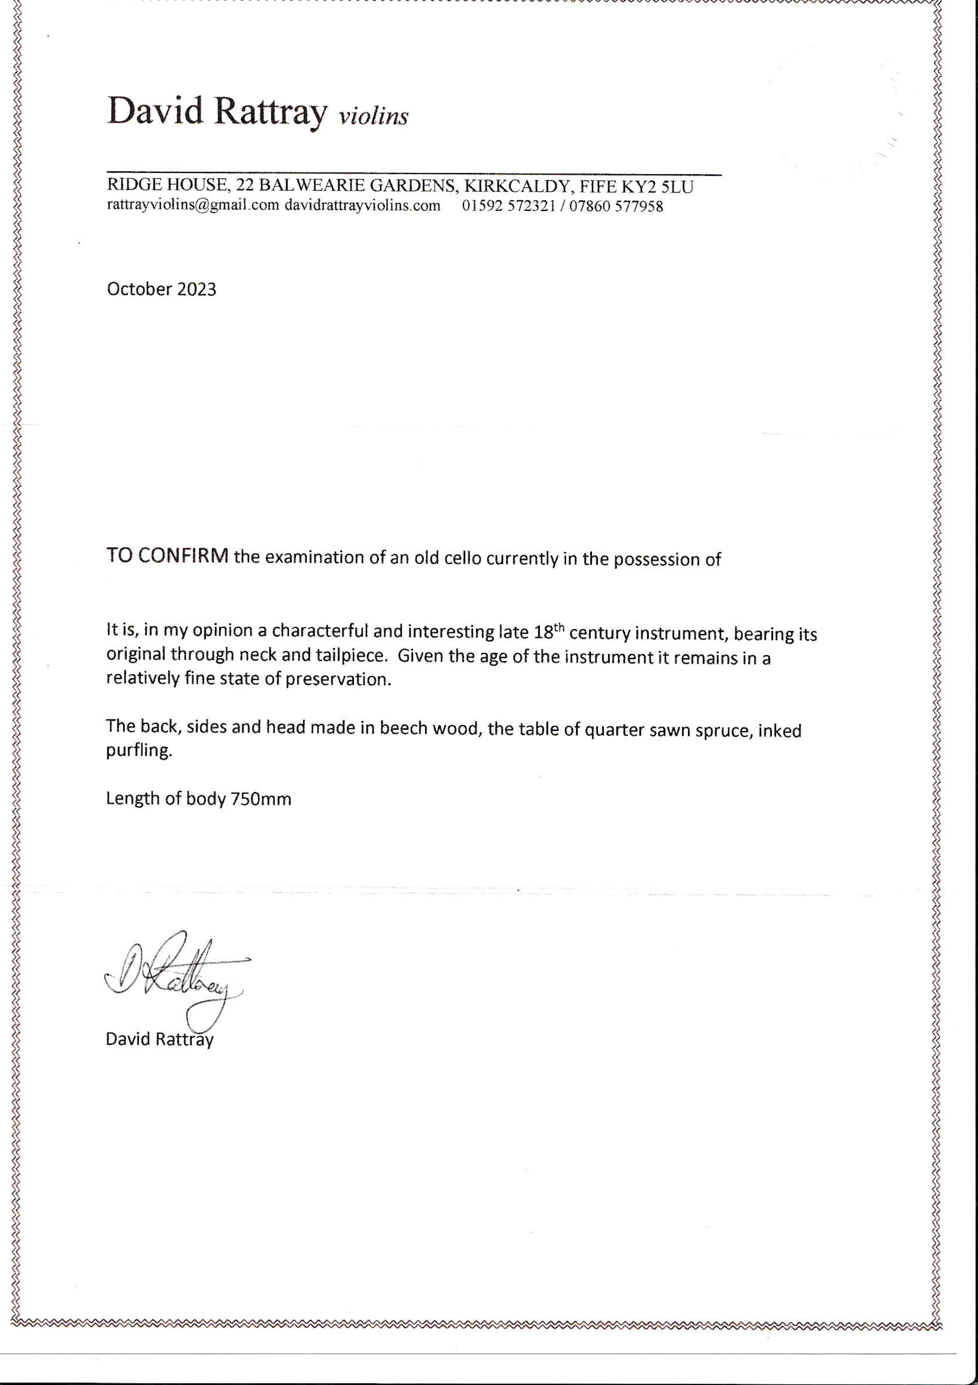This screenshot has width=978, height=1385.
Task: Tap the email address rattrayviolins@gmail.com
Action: coord(193,205)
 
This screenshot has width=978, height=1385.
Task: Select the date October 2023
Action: coord(161,289)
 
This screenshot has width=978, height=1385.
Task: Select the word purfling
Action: coord(139,752)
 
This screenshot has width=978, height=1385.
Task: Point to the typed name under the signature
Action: coord(159,1039)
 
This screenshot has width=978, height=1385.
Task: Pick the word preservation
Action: coord(338,679)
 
